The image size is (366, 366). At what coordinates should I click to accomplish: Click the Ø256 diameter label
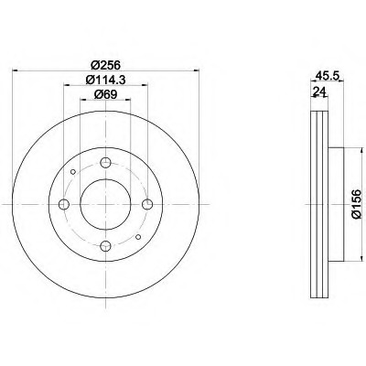coord(107,64)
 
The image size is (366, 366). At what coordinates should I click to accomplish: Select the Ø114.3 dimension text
coord(107,81)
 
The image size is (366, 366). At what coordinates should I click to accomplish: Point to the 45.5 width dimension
coord(323,78)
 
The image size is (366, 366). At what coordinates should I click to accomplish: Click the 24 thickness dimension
coord(318,92)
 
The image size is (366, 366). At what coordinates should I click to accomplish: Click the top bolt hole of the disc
coord(106,164)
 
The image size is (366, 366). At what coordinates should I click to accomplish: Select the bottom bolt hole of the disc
coord(106,244)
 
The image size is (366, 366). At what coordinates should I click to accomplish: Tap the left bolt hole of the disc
coord(66,204)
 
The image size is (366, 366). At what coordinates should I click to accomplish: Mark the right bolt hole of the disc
coord(146,204)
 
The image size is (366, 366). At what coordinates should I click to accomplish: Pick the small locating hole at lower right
coord(137,237)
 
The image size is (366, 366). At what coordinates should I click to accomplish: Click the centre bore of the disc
coord(106,204)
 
